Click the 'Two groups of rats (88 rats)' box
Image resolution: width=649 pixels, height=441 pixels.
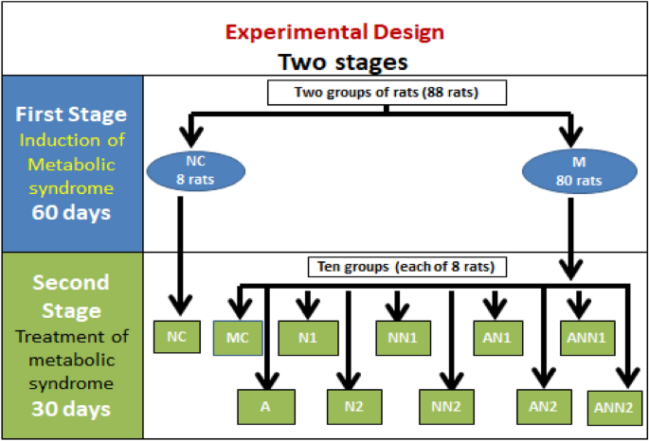coord(387,92)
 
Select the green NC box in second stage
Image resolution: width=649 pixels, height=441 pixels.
coord(177,336)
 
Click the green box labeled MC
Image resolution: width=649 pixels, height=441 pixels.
coord(237,337)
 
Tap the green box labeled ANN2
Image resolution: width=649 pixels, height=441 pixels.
coord(613,406)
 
